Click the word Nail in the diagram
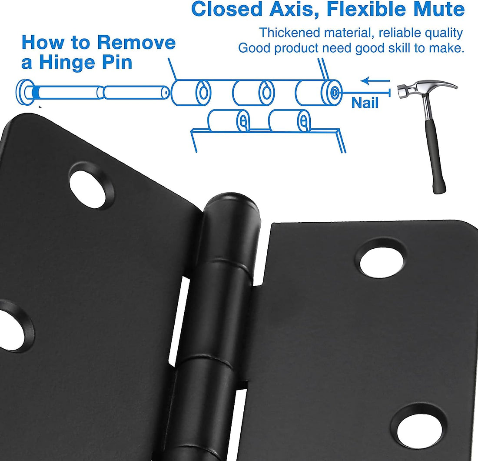[x=365, y=103]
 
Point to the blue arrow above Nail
[x=375, y=81]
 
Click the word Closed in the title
[x=226, y=9]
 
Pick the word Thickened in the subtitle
[x=289, y=33]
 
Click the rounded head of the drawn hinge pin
[x=26, y=92]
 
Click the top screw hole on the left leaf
[x=91, y=186]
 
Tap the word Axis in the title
[x=292, y=9]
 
